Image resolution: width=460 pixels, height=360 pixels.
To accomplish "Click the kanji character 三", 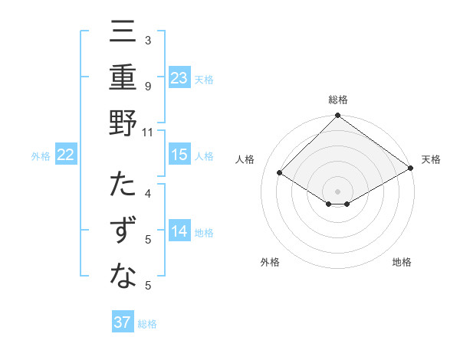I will (x=123, y=33).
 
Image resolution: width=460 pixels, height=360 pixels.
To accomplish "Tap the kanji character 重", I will (x=123, y=78).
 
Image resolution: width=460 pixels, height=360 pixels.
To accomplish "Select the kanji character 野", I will (x=123, y=124).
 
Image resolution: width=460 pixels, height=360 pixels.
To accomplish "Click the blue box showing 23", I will (x=179, y=78).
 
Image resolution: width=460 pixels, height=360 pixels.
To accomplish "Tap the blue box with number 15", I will (x=179, y=155).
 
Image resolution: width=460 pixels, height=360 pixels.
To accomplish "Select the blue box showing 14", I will (x=179, y=231).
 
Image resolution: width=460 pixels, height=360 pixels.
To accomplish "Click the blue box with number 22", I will (x=66, y=155).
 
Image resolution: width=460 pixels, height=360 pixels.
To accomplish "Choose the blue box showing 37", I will (x=123, y=322).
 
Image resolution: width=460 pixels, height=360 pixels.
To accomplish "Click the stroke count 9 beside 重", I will (x=148, y=86).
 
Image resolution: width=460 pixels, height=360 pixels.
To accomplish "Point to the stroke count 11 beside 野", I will (x=148, y=132).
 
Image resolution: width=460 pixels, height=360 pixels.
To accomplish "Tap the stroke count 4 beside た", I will (x=148, y=193).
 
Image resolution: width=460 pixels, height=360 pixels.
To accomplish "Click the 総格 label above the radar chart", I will (x=338, y=100).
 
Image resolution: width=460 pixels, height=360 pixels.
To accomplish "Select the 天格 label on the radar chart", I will (x=431, y=159).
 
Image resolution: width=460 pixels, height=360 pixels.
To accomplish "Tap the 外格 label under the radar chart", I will (x=270, y=262).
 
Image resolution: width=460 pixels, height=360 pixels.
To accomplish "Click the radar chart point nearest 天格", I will (x=410, y=169).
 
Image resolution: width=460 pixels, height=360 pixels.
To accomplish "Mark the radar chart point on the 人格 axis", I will (x=280, y=173).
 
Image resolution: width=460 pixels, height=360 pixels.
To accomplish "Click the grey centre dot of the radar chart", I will (x=338, y=190).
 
